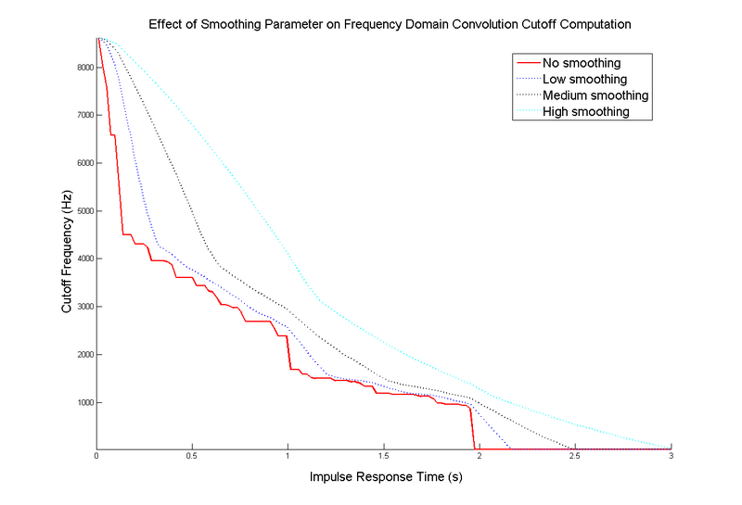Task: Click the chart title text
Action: (x=390, y=24)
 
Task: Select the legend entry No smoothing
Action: (x=582, y=63)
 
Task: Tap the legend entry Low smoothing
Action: (x=584, y=80)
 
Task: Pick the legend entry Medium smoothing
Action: (x=595, y=95)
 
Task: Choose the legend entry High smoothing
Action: (x=586, y=112)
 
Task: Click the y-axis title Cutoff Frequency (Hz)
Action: (x=67, y=258)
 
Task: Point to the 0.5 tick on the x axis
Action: (x=192, y=457)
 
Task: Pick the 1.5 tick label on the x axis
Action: (x=383, y=457)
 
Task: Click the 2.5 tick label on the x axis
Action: (x=574, y=457)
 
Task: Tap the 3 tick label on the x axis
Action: (x=671, y=457)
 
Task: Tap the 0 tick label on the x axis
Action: (x=96, y=457)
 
